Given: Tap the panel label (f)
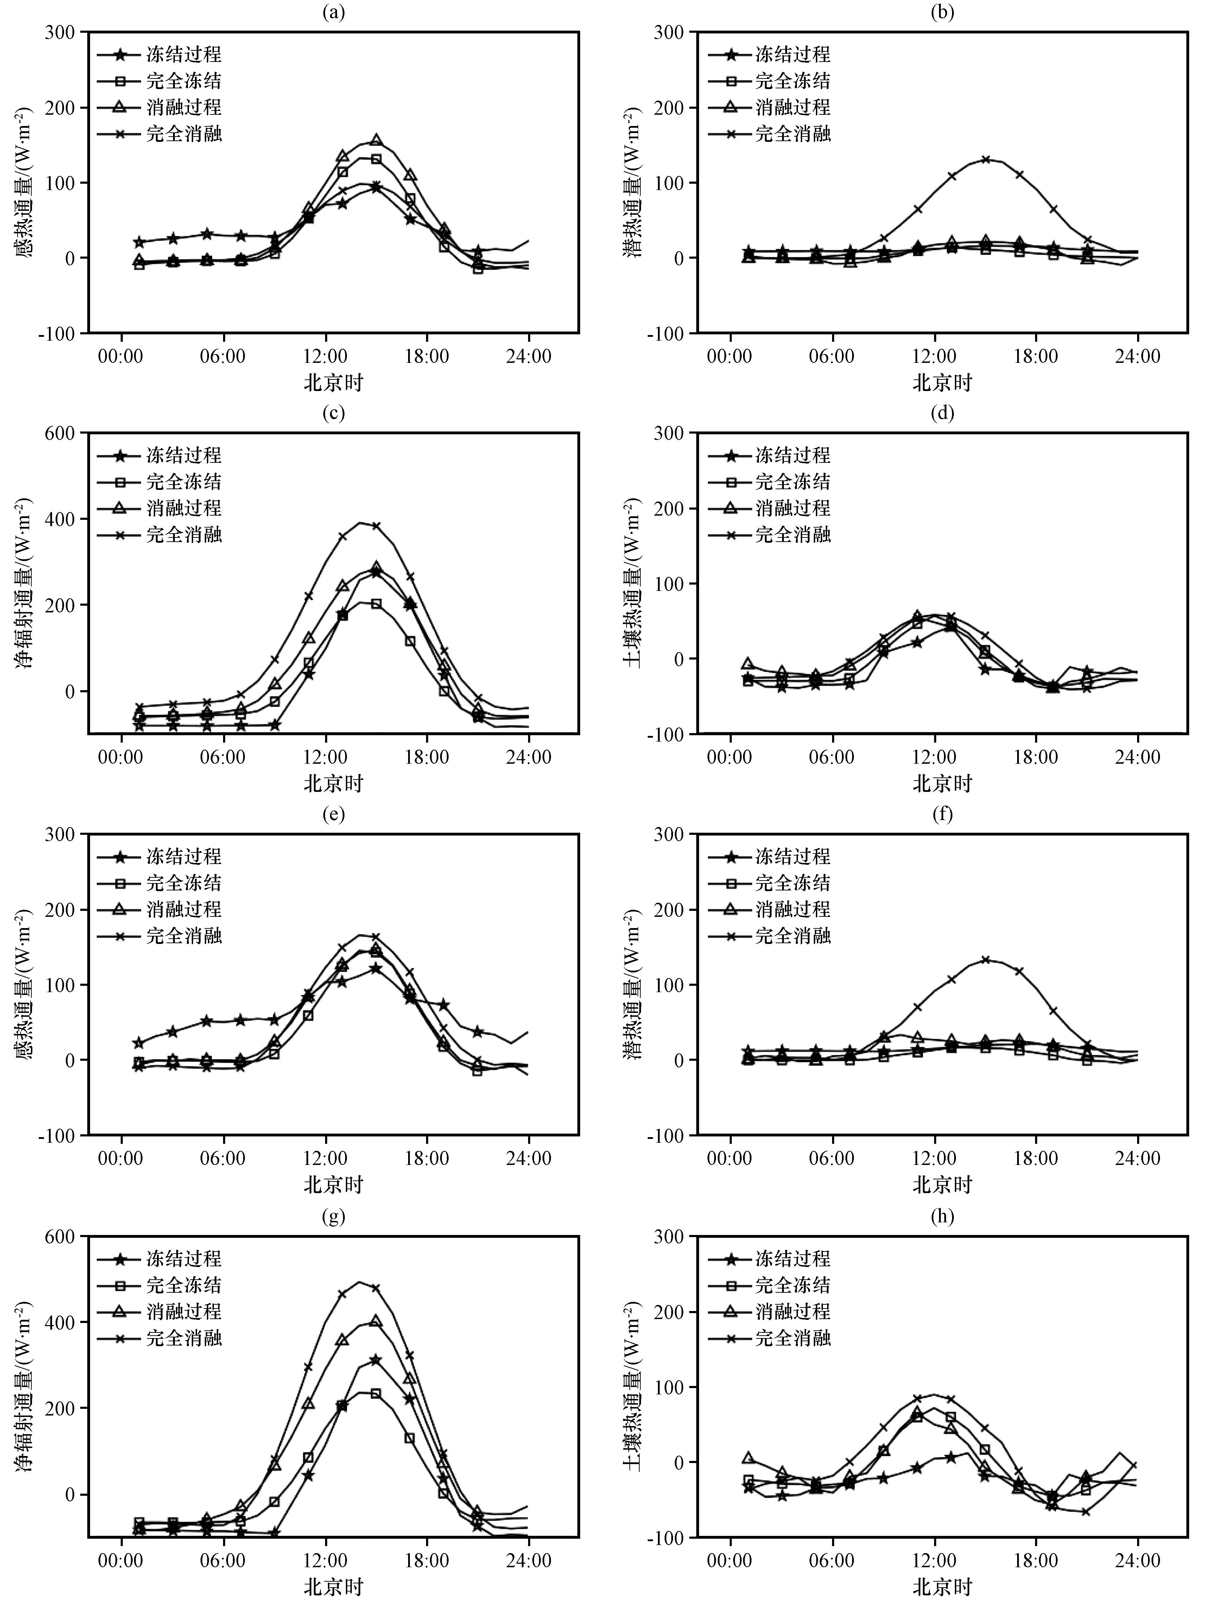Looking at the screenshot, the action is click(942, 814).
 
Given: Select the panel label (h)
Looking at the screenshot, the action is click(942, 1216).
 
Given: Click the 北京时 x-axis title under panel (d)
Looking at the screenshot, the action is click(942, 783).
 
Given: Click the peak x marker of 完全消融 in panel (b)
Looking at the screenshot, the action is click(985, 159).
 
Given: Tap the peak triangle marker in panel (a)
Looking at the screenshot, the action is click(376, 140).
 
